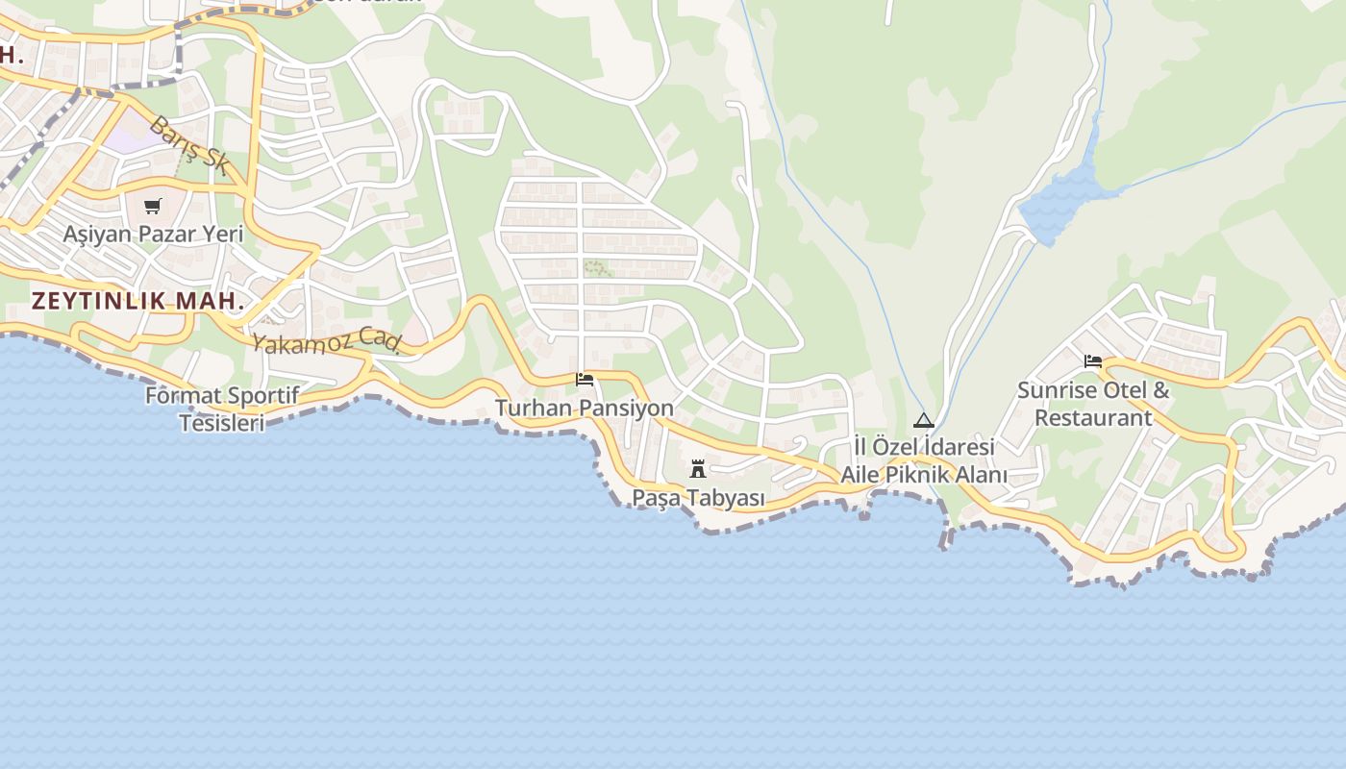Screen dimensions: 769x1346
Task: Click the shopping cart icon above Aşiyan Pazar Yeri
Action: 153,206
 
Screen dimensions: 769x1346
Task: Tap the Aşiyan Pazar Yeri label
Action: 153,234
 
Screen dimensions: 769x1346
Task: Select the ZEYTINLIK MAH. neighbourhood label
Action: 137,300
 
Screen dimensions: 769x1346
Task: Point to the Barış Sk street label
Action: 189,145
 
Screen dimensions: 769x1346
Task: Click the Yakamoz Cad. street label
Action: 326,340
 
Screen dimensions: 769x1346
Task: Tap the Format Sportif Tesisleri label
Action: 222,409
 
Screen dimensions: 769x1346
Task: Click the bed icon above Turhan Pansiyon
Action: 584,380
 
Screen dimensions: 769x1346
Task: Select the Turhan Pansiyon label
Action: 584,409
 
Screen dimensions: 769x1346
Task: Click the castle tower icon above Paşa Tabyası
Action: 698,470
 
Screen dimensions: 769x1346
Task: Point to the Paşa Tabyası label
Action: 698,498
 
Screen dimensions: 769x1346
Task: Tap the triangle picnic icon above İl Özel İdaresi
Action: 924,420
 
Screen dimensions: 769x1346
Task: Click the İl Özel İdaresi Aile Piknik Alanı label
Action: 924,461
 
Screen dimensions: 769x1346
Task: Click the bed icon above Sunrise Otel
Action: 1093,361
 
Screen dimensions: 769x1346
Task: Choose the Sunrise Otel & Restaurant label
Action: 1093,404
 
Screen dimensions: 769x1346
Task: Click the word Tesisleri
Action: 222,423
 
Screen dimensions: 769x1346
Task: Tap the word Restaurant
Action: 1093,418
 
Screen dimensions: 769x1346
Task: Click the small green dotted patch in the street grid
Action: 597,268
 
